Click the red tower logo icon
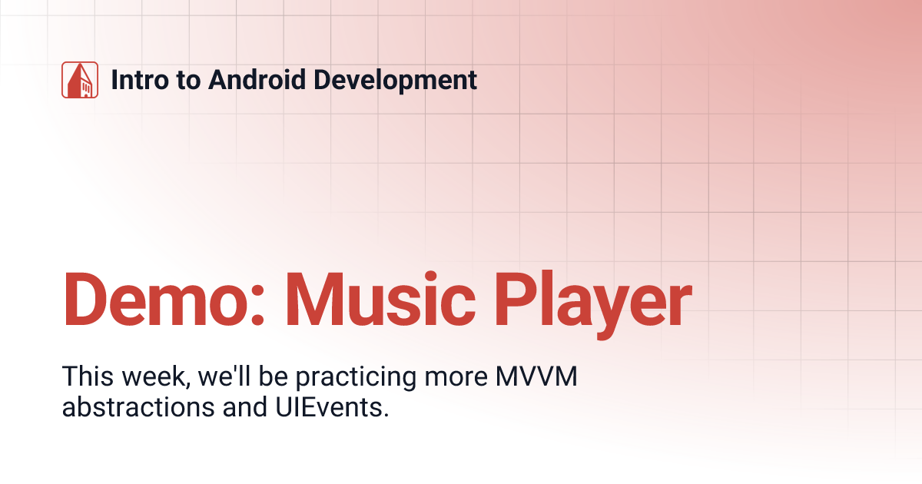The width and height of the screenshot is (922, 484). (x=80, y=80)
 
